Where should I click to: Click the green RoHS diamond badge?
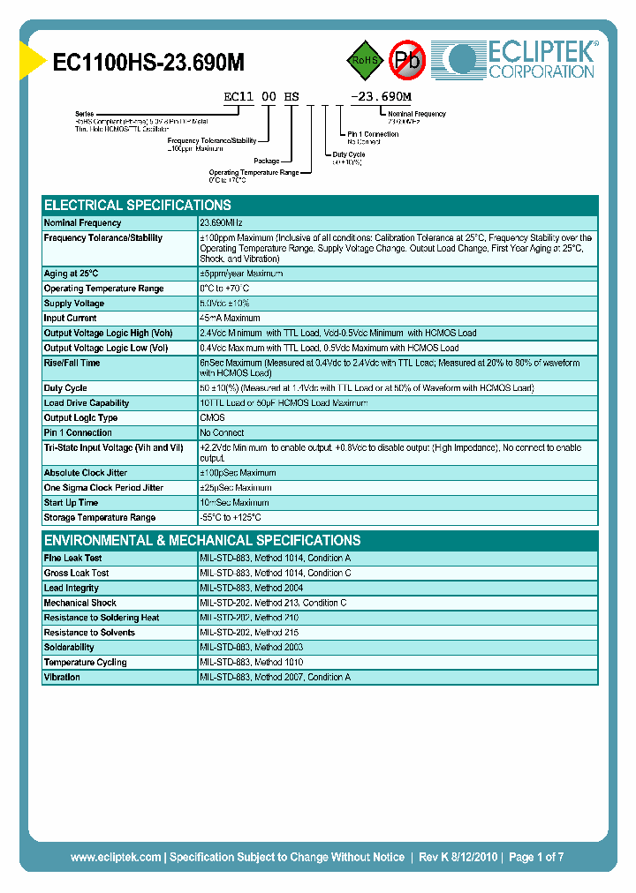(366, 61)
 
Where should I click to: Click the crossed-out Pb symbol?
(407, 61)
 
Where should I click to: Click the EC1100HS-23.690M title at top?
(148, 63)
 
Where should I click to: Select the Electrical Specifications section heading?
(137, 205)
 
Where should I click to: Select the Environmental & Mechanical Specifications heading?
(201, 540)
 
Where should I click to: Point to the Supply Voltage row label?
(74, 304)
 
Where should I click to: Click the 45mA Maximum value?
(230, 319)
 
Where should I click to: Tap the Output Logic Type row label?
(80, 418)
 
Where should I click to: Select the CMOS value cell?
(213, 418)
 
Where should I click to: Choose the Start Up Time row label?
(71, 503)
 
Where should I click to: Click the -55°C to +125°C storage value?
(231, 518)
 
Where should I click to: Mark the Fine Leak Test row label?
(72, 559)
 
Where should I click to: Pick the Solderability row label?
(69, 648)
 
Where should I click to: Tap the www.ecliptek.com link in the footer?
(116, 857)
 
